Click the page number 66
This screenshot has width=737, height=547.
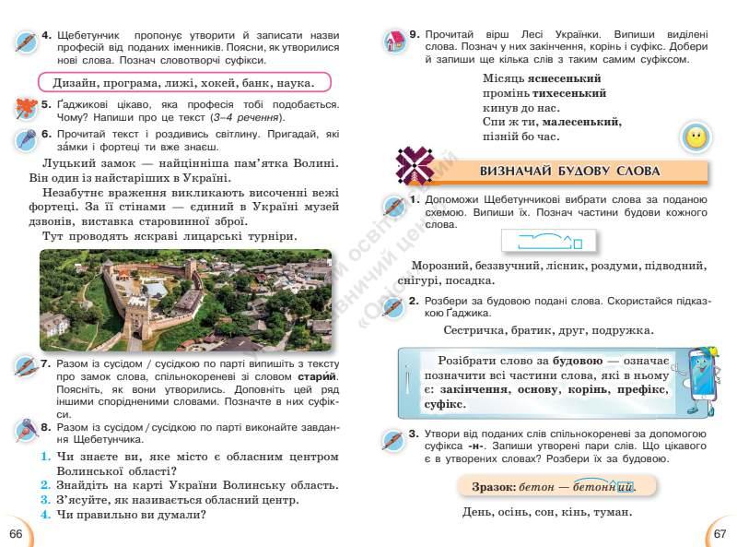(x=15, y=534)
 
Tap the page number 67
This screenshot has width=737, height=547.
(x=719, y=534)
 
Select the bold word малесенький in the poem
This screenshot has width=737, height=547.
(x=581, y=122)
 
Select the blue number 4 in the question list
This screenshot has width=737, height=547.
(x=44, y=515)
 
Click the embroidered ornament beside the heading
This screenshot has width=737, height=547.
(x=416, y=166)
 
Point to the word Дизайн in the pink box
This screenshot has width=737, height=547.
(x=79, y=82)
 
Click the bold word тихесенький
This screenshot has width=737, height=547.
(x=567, y=93)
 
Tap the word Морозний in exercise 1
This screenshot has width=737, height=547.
(x=441, y=266)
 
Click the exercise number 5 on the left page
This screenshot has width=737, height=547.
(x=46, y=105)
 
